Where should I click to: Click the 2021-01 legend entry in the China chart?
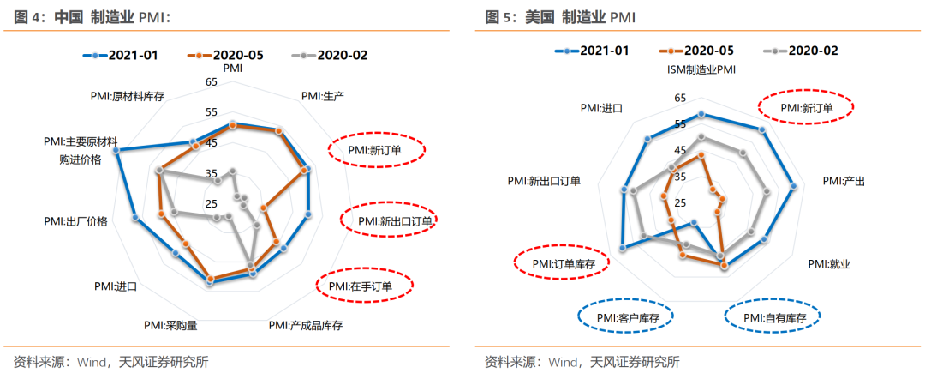[x=123, y=55]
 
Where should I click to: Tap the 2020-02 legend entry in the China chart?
[x=330, y=55]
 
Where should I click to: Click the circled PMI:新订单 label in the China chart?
[x=374, y=149]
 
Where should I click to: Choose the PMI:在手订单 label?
[x=364, y=286]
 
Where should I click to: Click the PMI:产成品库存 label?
[x=305, y=325]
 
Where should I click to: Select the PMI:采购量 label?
[x=171, y=325]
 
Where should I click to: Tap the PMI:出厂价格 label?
[x=76, y=221]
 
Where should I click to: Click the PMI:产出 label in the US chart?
[x=844, y=181]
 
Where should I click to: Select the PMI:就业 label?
[x=829, y=263]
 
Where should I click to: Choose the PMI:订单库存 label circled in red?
[x=563, y=263]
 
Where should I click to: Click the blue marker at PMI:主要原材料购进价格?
[x=116, y=151]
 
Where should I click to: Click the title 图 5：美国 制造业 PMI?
[x=561, y=16]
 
